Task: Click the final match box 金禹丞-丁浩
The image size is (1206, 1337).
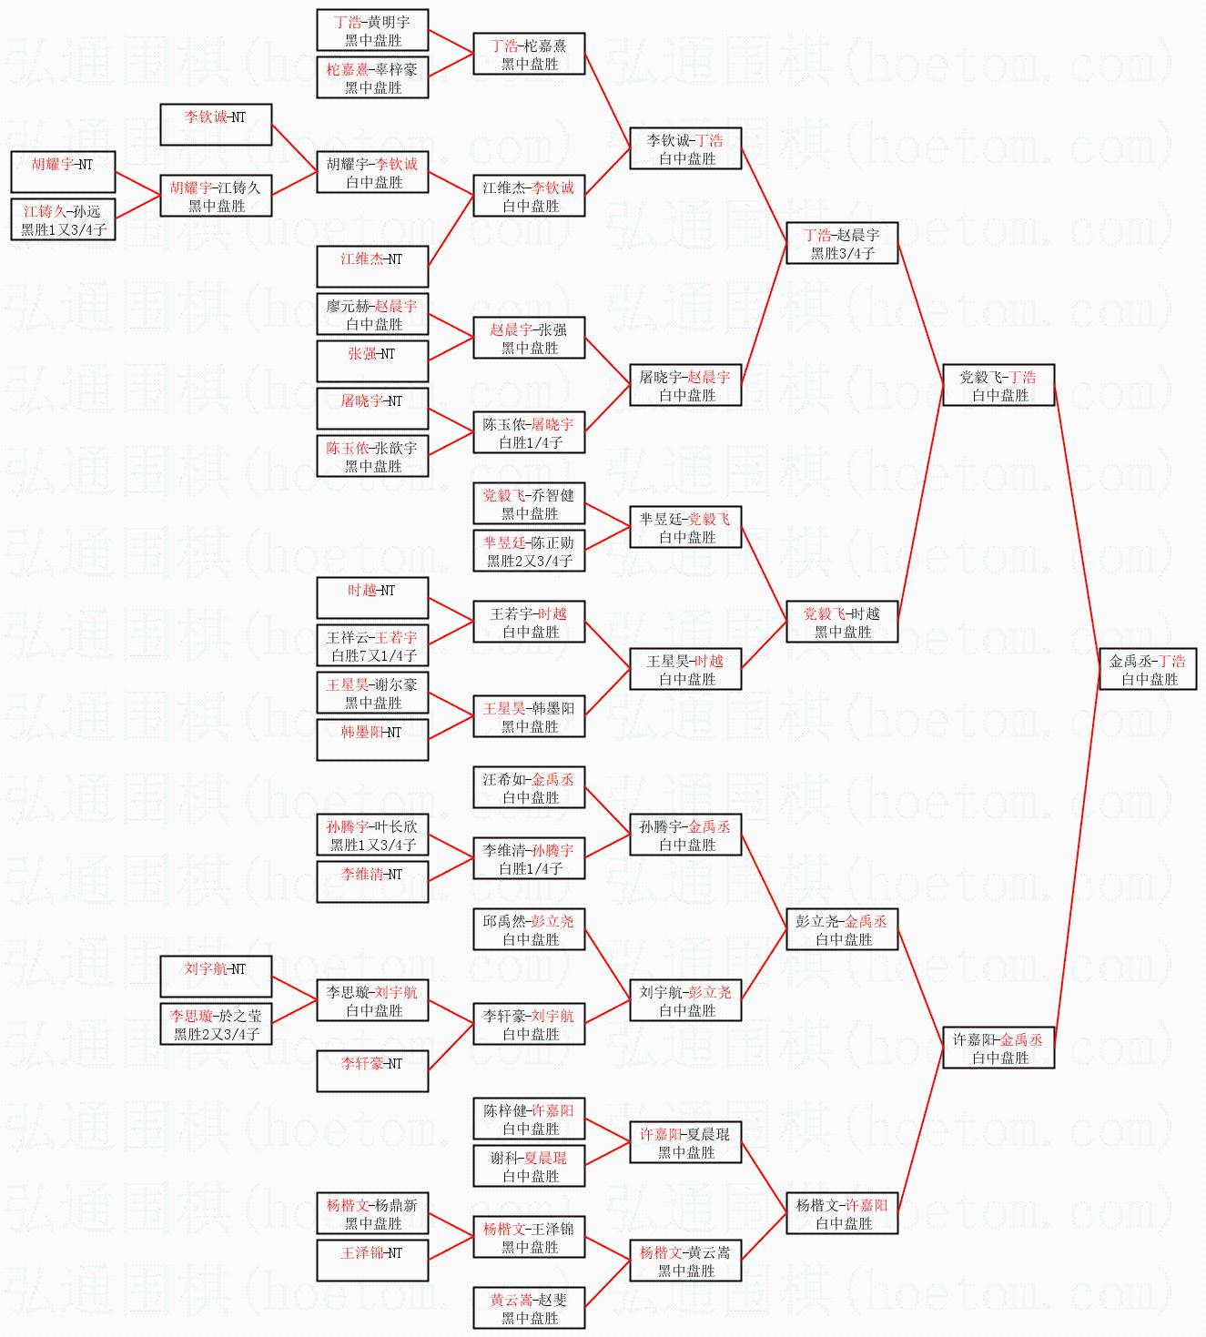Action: [x=1147, y=670]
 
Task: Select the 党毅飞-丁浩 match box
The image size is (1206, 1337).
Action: [x=998, y=386]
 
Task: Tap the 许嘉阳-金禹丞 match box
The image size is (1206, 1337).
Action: [x=998, y=1048]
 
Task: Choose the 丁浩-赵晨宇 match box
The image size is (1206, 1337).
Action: [x=842, y=244]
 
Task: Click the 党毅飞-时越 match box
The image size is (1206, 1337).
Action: [x=842, y=623]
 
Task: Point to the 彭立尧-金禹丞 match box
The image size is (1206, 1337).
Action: [x=842, y=930]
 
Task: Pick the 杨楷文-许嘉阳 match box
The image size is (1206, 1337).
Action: [x=842, y=1214]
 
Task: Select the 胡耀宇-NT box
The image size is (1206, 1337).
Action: [x=63, y=173]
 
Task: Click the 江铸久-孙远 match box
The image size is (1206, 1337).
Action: [x=63, y=220]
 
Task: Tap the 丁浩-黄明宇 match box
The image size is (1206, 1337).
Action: [x=372, y=31]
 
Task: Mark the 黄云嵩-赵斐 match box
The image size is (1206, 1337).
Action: [x=529, y=1309]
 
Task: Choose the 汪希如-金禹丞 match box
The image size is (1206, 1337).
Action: [x=529, y=788]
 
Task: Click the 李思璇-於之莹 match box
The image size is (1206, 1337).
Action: [x=216, y=1025]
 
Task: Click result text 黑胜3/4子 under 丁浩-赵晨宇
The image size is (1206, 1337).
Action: [x=842, y=254]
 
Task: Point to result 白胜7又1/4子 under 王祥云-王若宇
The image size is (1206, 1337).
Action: [x=373, y=655]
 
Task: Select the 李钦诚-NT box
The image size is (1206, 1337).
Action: [x=216, y=126]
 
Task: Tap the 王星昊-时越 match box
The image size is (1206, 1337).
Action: [x=685, y=670]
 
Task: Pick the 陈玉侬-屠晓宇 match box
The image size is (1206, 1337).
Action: [x=529, y=433]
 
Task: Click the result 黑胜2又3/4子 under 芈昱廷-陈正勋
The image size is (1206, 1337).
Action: [x=530, y=561]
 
